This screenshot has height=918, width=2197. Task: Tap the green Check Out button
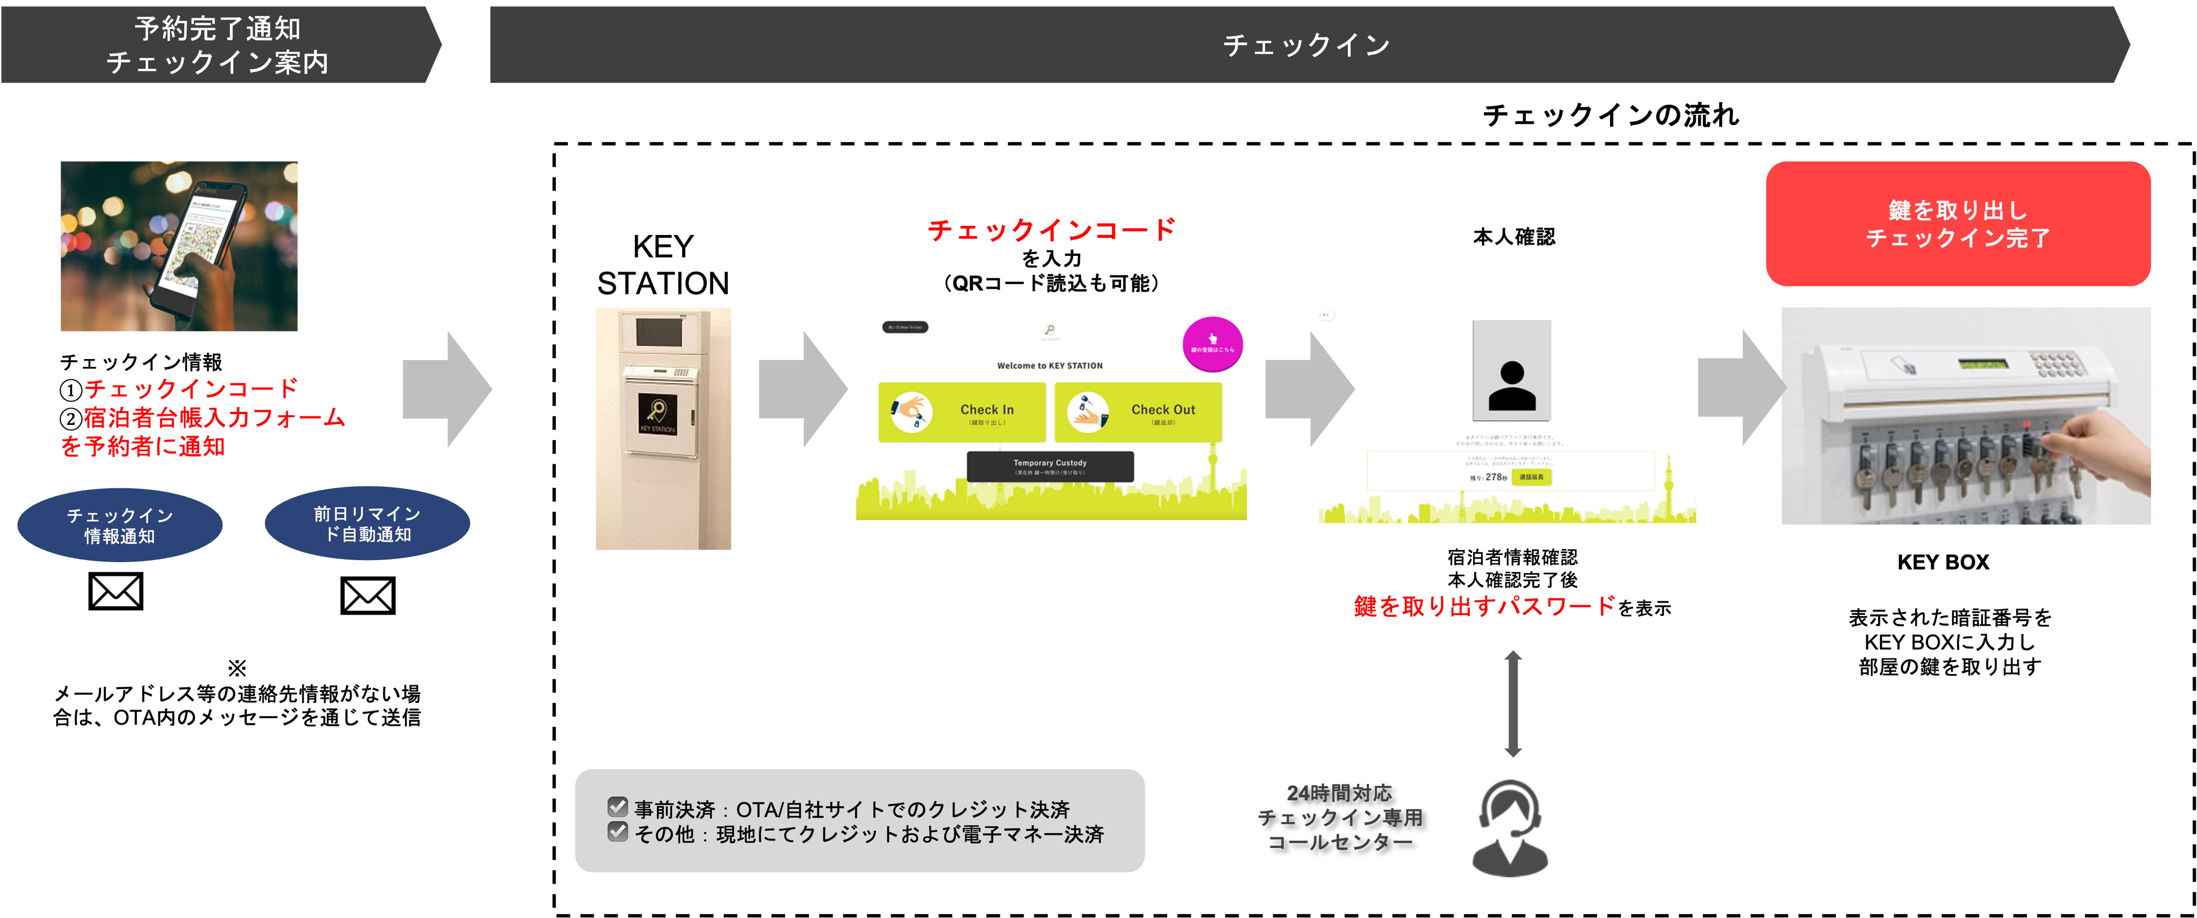click(1138, 412)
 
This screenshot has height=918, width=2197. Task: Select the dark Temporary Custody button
click(1050, 467)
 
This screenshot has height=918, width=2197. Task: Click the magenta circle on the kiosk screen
click(1212, 344)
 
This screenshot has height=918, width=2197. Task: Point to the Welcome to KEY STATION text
click(1050, 366)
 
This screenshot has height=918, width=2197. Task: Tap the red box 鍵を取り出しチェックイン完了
click(1958, 224)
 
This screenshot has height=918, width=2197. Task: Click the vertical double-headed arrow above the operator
click(1513, 704)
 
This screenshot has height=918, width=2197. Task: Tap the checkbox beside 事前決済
click(617, 806)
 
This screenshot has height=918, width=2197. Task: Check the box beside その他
click(617, 831)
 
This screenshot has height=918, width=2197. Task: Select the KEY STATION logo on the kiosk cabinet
click(657, 414)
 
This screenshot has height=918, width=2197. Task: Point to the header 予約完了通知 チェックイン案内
click(217, 45)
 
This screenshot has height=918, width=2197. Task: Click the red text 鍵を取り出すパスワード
click(1484, 606)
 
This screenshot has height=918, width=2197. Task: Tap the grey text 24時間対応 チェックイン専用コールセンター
click(1339, 817)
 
